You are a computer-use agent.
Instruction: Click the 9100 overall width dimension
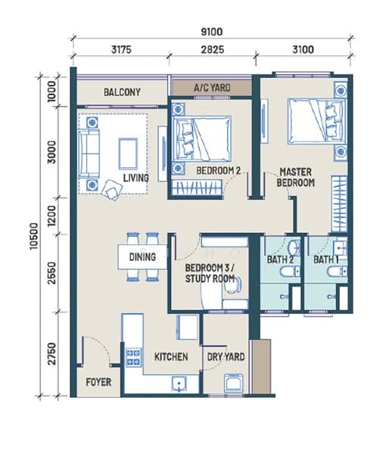[x=212, y=32]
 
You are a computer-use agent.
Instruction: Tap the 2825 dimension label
[x=213, y=49]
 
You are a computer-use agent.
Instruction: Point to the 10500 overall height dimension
[x=34, y=235]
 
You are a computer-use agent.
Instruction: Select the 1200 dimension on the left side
[x=52, y=216]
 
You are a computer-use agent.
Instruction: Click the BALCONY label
[x=122, y=92]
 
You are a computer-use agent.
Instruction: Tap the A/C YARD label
[x=213, y=88]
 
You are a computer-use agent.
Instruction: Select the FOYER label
[x=98, y=382]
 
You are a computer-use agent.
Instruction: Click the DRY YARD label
[x=226, y=356]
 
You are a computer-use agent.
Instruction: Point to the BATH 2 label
[x=280, y=260]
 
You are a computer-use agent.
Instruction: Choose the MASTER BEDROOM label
[x=295, y=177]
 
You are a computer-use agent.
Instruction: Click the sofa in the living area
[x=89, y=154]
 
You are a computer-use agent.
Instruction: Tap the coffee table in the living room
[x=128, y=154]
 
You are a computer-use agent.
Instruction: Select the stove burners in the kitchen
[x=134, y=357]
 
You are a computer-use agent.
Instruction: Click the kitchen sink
[x=179, y=384]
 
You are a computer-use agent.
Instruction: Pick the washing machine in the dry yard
[x=233, y=383]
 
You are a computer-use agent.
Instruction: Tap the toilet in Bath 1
[x=337, y=272]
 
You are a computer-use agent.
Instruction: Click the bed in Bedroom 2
[x=201, y=138]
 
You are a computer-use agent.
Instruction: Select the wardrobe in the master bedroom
[x=340, y=204]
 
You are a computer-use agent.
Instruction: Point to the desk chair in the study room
[x=233, y=285]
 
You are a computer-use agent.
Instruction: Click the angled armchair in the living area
[x=112, y=190]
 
